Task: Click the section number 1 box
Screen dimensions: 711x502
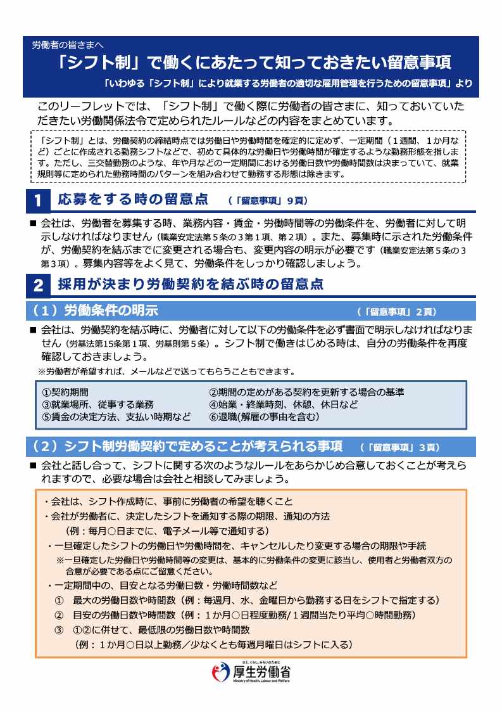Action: [37, 202]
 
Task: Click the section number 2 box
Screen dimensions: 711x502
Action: [37, 286]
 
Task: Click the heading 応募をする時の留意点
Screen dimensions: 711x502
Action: [133, 200]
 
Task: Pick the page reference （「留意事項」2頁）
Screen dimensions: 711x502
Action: [397, 312]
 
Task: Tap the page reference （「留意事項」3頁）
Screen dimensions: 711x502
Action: [400, 447]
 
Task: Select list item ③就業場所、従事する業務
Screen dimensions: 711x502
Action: [97, 404]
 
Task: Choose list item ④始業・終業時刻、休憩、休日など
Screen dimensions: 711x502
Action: [283, 404]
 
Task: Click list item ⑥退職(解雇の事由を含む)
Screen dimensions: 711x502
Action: [264, 417]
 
